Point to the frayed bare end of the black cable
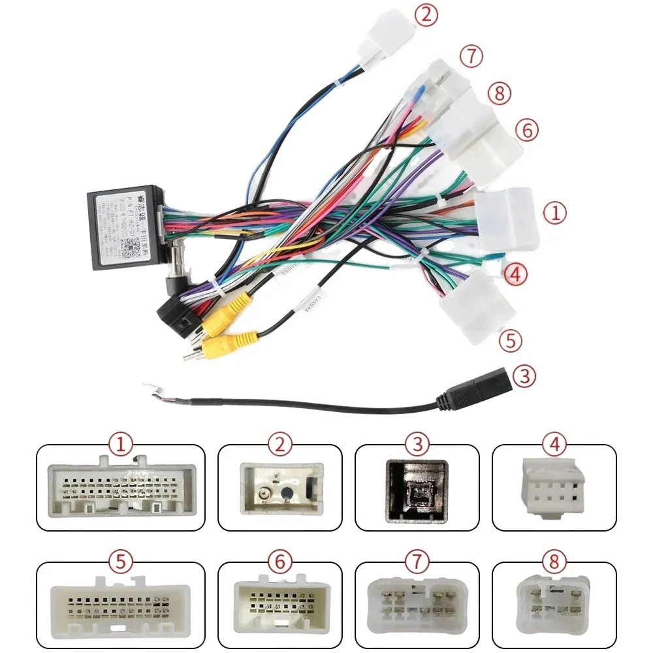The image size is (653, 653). (151, 389)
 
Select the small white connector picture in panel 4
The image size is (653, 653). (554, 488)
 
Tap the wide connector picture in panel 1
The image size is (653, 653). (121, 488)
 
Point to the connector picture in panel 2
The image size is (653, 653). (279, 486)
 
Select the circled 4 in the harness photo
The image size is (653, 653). (515, 274)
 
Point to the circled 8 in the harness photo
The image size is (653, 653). (498, 93)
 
